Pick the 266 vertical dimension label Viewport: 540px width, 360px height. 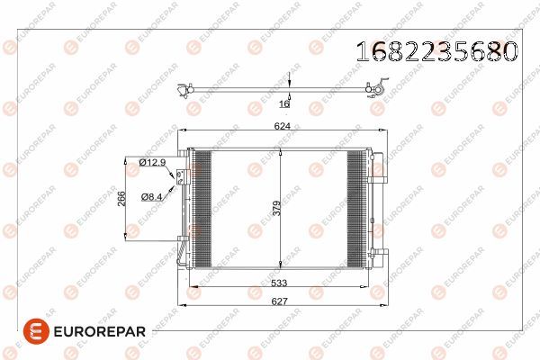click(121, 198)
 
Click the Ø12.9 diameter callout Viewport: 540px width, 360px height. click(153, 162)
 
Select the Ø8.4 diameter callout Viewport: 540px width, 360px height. click(151, 195)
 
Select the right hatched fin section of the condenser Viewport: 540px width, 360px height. click(357, 208)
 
